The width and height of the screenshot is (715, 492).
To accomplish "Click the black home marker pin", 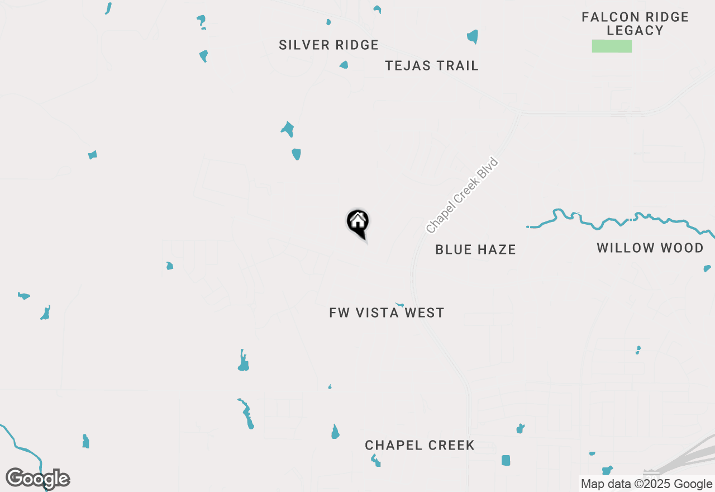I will point(358,223).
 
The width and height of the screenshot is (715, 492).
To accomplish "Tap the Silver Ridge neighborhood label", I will point(328,45).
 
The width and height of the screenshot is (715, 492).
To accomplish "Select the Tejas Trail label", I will point(432,65).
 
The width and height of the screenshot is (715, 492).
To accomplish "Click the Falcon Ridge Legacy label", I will point(635,24).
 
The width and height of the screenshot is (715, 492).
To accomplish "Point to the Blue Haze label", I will point(475,249).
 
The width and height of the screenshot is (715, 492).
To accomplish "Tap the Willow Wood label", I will point(650,248).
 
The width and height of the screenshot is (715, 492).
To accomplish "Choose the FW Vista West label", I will point(387,313).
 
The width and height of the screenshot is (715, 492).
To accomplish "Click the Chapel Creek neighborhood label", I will point(420,445).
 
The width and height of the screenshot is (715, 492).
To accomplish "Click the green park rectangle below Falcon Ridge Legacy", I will point(612,46).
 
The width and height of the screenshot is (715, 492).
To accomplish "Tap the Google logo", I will point(38,479).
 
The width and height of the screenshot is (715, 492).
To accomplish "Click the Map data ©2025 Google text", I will point(646,484).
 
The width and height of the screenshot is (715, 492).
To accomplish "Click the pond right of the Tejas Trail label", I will point(473,37).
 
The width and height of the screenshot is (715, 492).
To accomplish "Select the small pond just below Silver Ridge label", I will point(344,65).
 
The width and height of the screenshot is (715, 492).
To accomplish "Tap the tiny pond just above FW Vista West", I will point(400,305).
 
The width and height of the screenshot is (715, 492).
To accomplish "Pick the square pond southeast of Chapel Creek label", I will point(506,460).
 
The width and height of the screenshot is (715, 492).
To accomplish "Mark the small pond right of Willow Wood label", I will point(707,268).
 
